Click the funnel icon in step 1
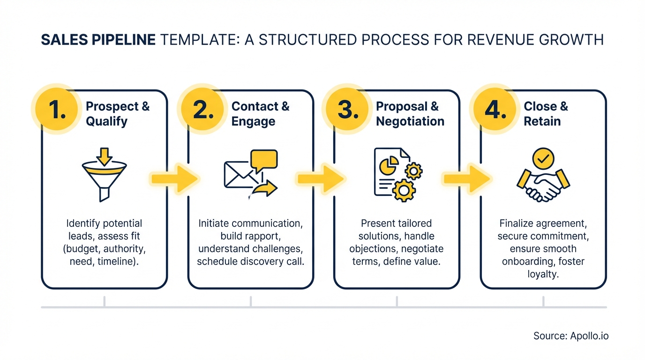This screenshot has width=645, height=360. pyautogui.click(x=104, y=176)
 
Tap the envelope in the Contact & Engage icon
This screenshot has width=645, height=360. pyautogui.click(x=238, y=174)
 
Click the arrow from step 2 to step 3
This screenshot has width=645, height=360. pyautogui.click(x=320, y=178)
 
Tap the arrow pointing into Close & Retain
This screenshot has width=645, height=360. pyautogui.click(x=467, y=178)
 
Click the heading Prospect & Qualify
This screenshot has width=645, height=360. pyautogui.click(x=118, y=114)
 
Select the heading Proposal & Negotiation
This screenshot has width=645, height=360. pyautogui.click(x=410, y=114)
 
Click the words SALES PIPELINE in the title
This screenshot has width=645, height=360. pyautogui.click(x=98, y=40)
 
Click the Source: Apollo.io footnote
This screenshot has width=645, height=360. pyautogui.click(x=570, y=336)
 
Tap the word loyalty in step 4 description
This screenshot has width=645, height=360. pyautogui.click(x=543, y=274)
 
